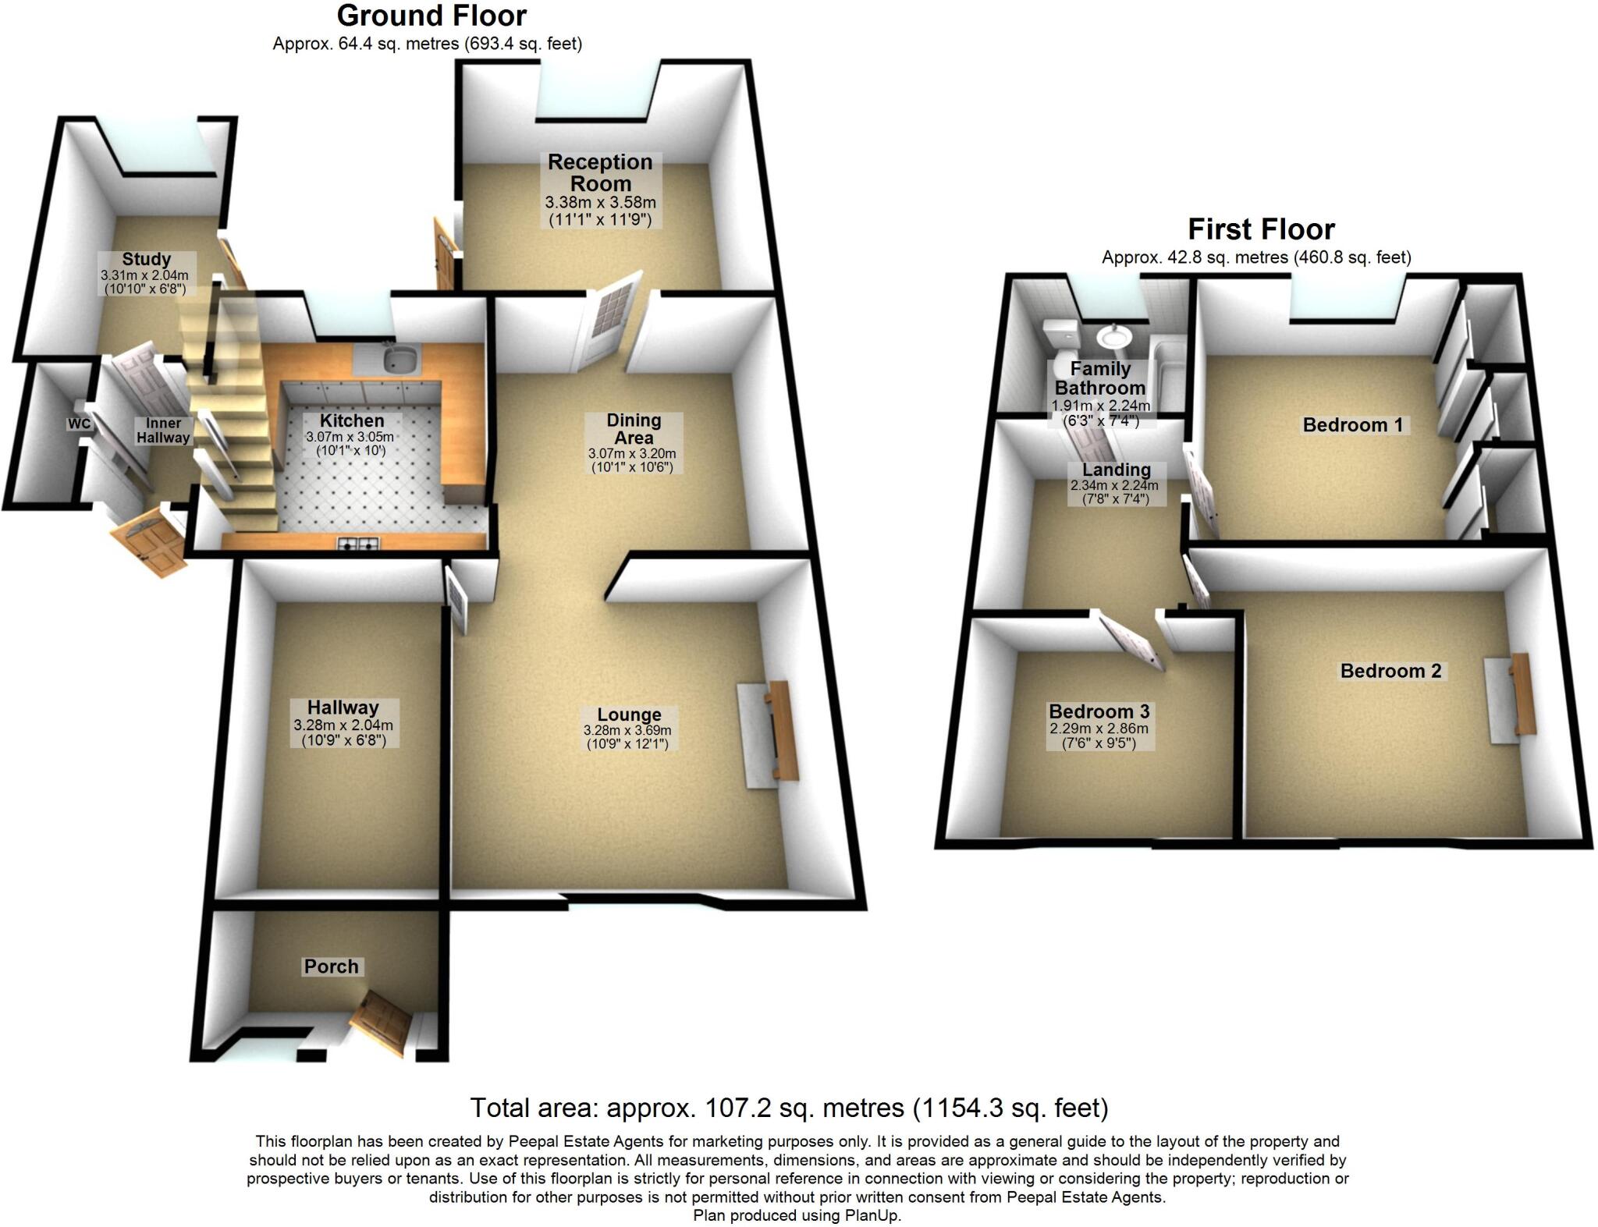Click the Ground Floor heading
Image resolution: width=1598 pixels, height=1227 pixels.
pos(431,16)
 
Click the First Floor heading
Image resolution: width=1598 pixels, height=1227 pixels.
pos(1261,229)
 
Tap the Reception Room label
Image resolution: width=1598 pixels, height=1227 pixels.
pos(600,172)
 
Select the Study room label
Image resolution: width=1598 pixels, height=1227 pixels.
pos(146,259)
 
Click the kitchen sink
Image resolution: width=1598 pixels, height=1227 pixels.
pos(399,360)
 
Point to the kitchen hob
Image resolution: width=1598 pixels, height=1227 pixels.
pos(358,544)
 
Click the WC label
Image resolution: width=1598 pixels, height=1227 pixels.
pos(79,424)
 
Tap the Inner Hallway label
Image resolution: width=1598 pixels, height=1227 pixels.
pos(163,431)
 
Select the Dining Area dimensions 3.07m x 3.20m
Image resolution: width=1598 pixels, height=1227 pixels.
pos(632,453)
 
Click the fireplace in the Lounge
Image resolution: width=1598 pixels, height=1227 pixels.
pos(769,733)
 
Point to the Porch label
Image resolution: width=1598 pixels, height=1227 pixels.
pos(332,966)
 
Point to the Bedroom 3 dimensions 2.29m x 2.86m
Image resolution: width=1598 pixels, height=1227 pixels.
pos(1099,729)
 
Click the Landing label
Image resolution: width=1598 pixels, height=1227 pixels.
pos(1116,470)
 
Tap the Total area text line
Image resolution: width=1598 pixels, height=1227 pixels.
pos(789,1108)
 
